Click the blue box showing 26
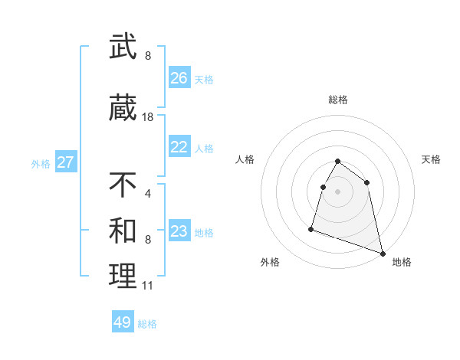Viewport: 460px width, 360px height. click(x=179, y=78)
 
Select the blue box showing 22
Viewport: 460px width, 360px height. click(x=179, y=147)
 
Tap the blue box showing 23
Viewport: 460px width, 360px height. click(x=179, y=231)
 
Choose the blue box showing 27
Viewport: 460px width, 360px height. click(x=66, y=162)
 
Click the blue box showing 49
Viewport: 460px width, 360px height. click(x=123, y=322)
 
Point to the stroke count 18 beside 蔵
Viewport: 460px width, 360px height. click(x=148, y=117)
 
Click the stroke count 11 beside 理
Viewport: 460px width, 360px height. click(x=147, y=286)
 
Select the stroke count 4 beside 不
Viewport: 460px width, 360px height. click(x=148, y=193)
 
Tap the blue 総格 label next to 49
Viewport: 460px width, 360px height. click(x=147, y=324)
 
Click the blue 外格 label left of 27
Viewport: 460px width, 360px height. click(x=41, y=163)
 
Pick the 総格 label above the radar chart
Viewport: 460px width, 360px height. click(x=338, y=100)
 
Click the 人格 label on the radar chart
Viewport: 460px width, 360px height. click(x=245, y=159)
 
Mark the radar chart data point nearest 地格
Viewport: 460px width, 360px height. click(x=383, y=254)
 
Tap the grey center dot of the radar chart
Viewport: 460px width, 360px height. click(x=338, y=191)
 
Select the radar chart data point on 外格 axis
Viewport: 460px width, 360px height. click(x=312, y=228)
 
